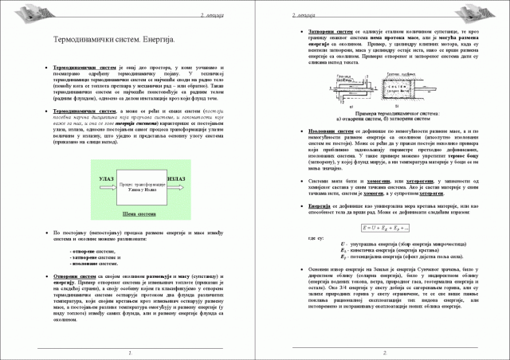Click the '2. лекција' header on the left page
pyautogui.click(x=209, y=13)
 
